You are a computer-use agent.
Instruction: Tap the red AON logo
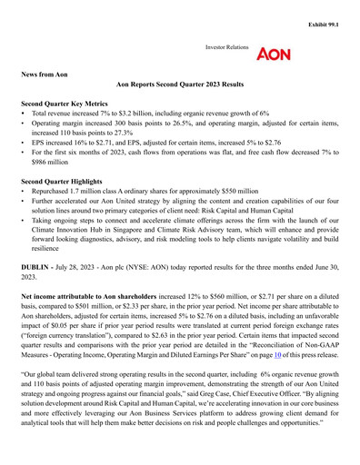[x=274, y=54]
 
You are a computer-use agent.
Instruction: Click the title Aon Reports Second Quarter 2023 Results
[x=180, y=84]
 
